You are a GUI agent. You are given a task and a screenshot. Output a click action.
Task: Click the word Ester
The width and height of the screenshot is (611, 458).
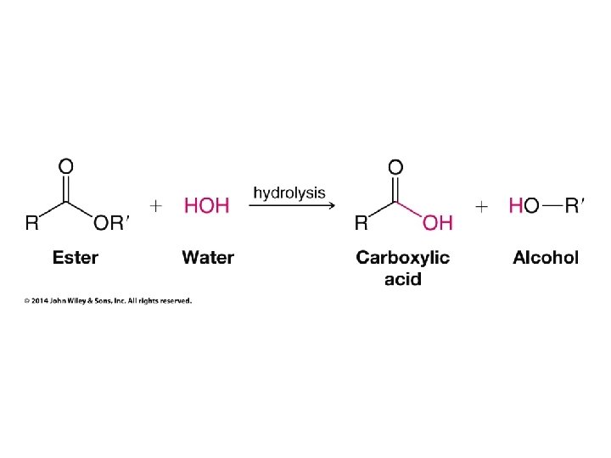click(75, 258)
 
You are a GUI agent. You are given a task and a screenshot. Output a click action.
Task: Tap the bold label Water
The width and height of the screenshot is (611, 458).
click(208, 258)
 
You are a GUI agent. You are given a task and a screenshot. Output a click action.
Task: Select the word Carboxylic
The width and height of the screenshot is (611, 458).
click(402, 258)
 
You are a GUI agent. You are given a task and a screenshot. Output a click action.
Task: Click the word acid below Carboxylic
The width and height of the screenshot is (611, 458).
click(402, 279)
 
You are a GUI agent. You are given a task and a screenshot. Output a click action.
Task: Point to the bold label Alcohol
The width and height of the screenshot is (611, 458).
click(546, 258)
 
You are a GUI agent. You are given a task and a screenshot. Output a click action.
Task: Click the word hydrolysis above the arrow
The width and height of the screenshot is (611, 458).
click(289, 193)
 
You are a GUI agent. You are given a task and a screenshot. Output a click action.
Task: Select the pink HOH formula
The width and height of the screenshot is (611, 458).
click(207, 206)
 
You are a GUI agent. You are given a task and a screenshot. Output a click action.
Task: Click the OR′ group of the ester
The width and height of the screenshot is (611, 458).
click(111, 223)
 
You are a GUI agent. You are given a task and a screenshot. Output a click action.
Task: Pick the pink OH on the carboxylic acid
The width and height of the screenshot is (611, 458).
click(438, 223)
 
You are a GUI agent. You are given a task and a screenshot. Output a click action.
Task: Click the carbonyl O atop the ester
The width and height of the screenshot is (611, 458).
click(65, 165)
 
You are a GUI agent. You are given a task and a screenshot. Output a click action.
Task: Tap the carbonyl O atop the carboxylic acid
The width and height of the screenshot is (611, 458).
click(395, 165)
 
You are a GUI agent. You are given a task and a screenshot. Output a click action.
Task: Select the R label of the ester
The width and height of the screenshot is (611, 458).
click(31, 223)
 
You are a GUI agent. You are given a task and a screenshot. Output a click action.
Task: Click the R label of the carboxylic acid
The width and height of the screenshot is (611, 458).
click(361, 223)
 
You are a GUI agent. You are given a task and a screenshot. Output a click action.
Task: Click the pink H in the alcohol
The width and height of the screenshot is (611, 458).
click(515, 206)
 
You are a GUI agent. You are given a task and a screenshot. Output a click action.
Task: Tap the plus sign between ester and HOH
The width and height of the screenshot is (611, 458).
click(156, 206)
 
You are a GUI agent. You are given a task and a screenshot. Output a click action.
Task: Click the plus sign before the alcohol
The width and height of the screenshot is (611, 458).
click(482, 206)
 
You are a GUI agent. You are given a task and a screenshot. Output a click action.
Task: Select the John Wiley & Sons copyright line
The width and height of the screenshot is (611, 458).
click(108, 300)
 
